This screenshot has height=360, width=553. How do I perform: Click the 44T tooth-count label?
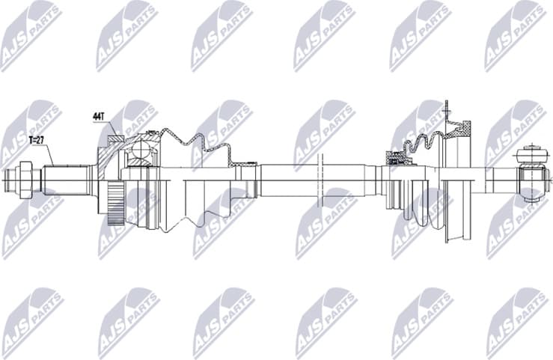click(x=98, y=117)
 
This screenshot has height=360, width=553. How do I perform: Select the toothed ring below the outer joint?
click(x=114, y=204)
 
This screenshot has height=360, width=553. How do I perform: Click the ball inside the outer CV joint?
click(x=139, y=153)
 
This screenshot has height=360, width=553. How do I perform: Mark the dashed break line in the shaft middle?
click(x=320, y=180)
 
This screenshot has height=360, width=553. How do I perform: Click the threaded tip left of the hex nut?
click(x=10, y=179)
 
